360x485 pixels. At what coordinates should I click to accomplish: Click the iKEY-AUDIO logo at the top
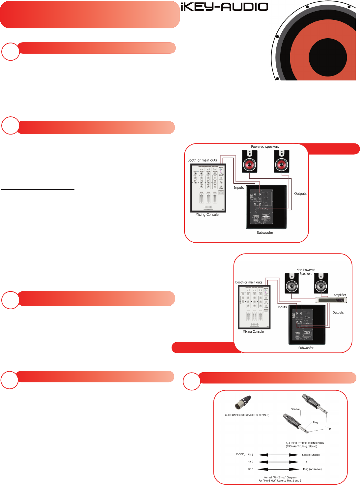(x=224, y=7)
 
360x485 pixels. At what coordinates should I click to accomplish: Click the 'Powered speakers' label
(x=265, y=147)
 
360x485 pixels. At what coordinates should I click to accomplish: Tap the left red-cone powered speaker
(x=250, y=162)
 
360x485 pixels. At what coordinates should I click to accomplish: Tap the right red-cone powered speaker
(x=282, y=162)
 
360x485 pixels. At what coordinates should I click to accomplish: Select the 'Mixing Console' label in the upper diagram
(x=207, y=215)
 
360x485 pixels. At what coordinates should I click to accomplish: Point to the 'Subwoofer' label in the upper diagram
(x=265, y=233)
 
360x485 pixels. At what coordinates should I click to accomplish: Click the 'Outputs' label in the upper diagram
(x=300, y=194)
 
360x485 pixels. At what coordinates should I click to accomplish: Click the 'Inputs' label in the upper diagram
(x=239, y=188)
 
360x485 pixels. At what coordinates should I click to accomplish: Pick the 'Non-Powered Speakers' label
(x=306, y=272)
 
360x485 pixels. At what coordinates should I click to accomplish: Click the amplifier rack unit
(x=331, y=300)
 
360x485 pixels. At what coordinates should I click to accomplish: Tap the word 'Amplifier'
(x=340, y=295)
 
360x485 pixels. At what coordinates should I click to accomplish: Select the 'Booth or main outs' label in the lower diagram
(x=249, y=282)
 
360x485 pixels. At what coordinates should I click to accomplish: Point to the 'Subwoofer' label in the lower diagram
(x=306, y=348)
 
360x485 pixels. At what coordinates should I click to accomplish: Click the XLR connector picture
(x=243, y=402)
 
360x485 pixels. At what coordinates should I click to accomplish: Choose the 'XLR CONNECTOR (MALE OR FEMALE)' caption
(x=247, y=415)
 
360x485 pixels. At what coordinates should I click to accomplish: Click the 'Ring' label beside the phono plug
(x=315, y=422)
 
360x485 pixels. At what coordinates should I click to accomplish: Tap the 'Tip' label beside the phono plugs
(x=329, y=429)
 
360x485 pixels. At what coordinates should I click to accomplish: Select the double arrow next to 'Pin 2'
(x=278, y=462)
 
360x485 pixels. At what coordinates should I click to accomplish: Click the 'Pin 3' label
(x=250, y=469)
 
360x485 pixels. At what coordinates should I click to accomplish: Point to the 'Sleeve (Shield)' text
(x=311, y=455)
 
